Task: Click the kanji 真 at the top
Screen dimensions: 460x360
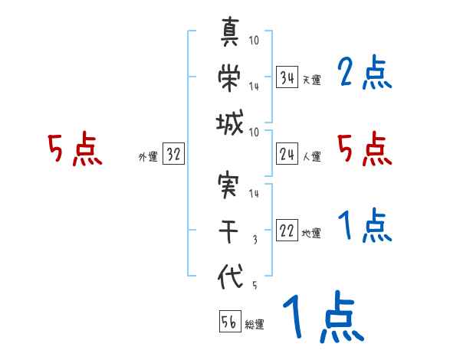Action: coord(231,32)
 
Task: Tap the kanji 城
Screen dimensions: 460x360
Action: coord(231,123)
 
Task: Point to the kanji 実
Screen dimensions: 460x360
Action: coord(231,185)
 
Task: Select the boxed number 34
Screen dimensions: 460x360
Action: coord(287,77)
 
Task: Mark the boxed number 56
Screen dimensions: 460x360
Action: coord(229,322)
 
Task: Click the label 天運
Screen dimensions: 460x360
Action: coord(311,80)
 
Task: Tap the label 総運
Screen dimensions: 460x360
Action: coord(255,324)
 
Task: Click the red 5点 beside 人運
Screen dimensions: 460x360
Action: coord(365,149)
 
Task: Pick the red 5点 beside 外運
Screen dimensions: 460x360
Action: coord(74,149)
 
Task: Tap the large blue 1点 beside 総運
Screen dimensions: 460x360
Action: coord(323,317)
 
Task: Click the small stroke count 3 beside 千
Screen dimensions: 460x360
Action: coord(255,239)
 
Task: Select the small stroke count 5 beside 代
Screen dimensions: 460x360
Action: coord(255,285)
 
